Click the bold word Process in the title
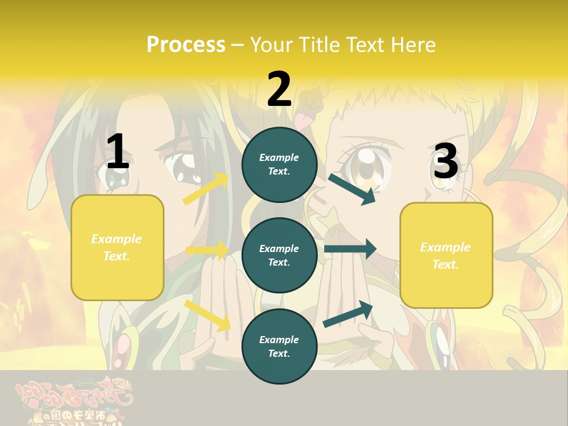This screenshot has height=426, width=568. (186, 44)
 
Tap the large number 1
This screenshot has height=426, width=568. (117, 152)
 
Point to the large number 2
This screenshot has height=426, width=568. (279, 89)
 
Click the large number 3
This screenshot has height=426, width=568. (446, 162)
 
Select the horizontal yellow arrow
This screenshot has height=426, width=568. (207, 250)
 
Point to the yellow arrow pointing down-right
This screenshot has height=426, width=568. (208, 315)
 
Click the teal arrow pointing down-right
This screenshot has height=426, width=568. (352, 189)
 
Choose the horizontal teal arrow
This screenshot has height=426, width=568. (350, 249)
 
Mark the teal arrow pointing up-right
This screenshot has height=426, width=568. (348, 314)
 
